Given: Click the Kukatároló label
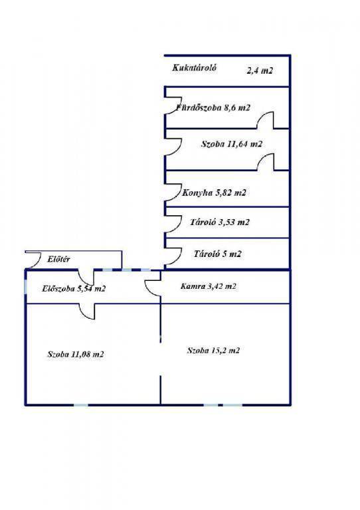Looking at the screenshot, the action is pos(195,68).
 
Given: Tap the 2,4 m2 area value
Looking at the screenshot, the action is pos(260,70).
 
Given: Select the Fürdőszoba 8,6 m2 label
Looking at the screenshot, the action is pos(213,108).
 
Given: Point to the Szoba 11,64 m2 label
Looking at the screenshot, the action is pos(232,143).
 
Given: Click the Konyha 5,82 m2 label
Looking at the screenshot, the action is pos(214,193).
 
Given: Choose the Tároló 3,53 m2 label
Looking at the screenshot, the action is pos(220,222).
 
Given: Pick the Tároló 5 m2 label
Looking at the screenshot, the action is pos(218,254).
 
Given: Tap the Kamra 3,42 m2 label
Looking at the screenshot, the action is pos(208,286).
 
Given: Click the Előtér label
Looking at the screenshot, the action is pos(58,259).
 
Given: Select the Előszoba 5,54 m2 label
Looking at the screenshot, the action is pos(74,288).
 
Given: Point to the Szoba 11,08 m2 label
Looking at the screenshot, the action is pos(76,354).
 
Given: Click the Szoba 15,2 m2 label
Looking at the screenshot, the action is pos(213,351).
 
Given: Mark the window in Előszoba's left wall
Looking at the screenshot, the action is pos(26,286).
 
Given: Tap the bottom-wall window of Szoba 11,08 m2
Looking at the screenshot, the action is pos(81,405).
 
